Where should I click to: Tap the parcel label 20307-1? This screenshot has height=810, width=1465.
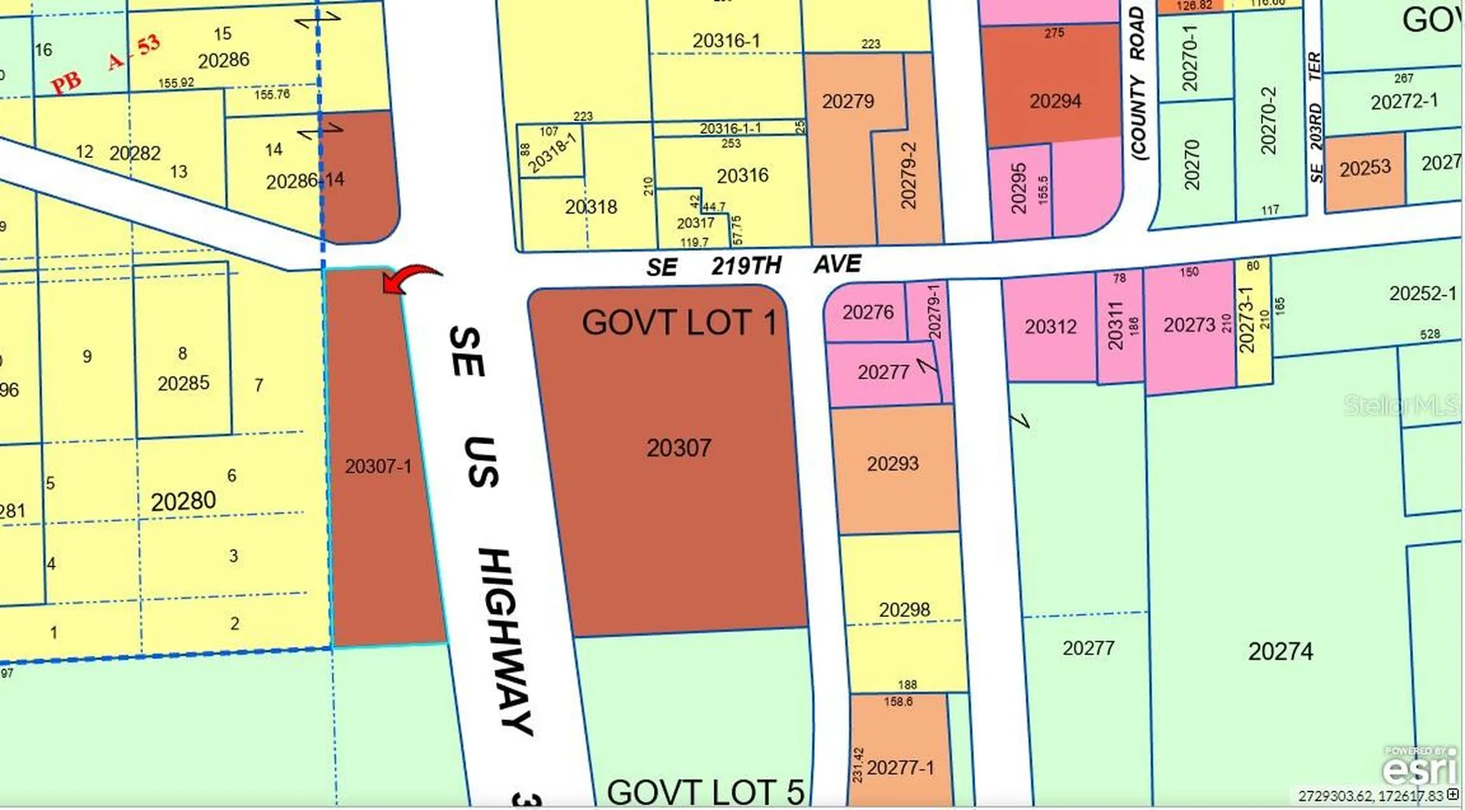378,466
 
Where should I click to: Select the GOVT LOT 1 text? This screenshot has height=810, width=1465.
678,323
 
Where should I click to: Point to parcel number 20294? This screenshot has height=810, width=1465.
1055,101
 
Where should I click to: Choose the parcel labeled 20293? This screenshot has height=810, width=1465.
893,463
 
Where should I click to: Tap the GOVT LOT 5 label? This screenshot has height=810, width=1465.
705,792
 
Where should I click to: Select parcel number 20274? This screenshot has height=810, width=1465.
1280,651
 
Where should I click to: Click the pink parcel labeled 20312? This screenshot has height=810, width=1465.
1051,326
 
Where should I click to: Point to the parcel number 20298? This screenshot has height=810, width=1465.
904,609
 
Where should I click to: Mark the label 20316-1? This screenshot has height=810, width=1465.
726,40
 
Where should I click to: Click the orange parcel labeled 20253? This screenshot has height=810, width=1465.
1365,168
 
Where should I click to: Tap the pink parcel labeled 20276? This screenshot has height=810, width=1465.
868,312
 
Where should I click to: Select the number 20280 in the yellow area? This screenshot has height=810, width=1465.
183,501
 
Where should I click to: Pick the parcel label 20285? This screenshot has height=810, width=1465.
183,383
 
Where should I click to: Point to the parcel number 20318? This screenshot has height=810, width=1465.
591,207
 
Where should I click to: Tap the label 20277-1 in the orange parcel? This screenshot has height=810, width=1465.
900,767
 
